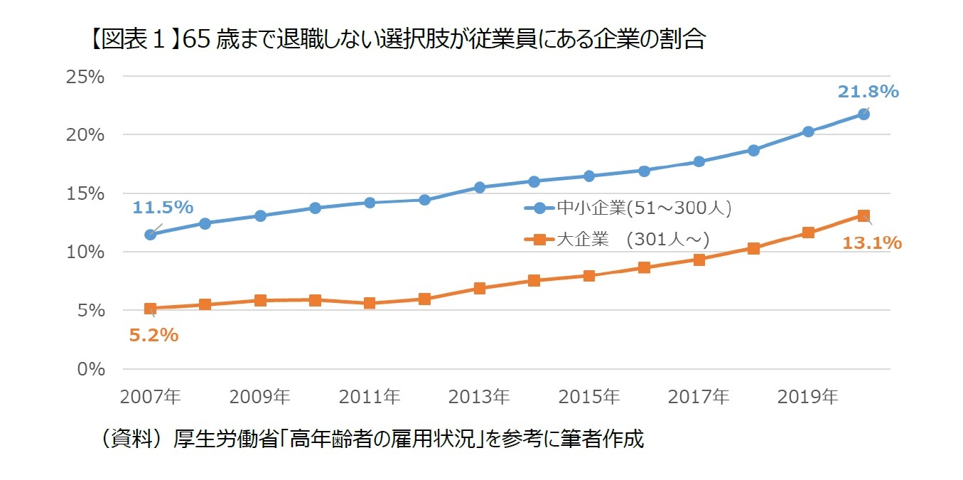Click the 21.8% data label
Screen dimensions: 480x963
[868, 92]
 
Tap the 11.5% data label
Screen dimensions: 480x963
[163, 208]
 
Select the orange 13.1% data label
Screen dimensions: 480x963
[871, 243]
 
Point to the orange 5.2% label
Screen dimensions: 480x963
[154, 335]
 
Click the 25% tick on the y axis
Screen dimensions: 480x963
[85, 77]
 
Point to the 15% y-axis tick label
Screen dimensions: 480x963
[85, 193]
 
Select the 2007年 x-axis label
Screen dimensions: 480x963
[151, 396]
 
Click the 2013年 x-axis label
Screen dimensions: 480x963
[479, 396]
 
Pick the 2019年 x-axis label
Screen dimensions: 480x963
[808, 396]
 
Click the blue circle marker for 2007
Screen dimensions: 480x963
[151, 235]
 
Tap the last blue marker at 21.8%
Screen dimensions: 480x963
[864, 114]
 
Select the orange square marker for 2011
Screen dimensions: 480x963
[370, 303]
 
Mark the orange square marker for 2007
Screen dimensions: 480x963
[151, 309]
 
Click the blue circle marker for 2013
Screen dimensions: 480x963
[480, 188]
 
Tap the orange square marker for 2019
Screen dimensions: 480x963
[808, 233]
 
